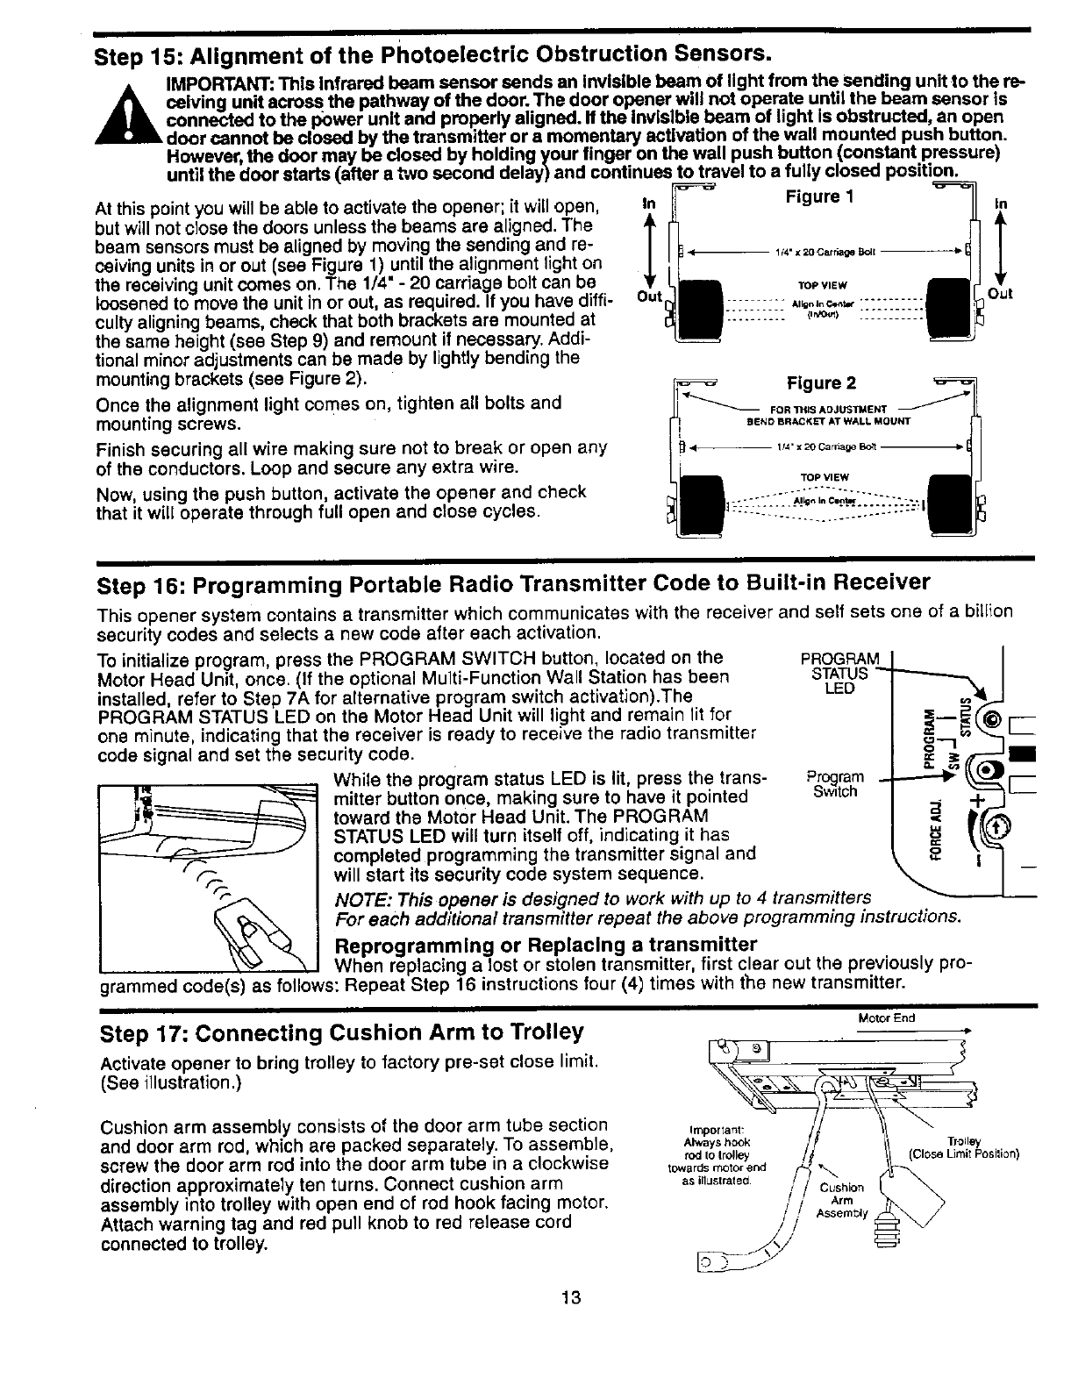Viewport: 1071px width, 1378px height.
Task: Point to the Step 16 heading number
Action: click(160, 583)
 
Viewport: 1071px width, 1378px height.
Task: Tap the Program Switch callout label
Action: click(834, 784)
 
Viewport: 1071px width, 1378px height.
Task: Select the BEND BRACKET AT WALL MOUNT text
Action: click(828, 421)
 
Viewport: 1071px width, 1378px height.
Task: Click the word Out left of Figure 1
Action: click(649, 296)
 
